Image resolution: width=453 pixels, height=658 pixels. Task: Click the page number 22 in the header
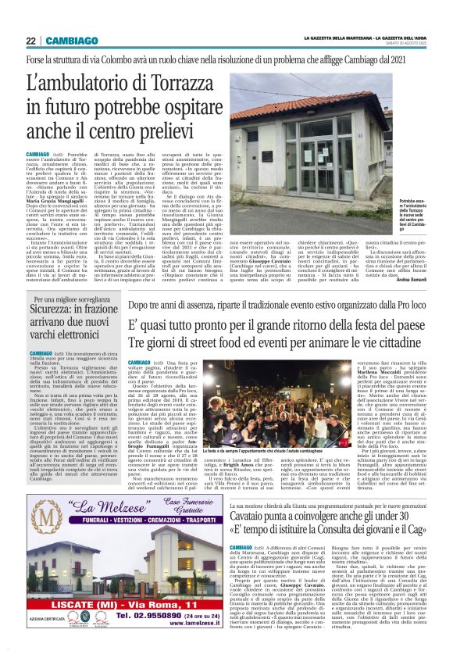coord(30,41)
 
